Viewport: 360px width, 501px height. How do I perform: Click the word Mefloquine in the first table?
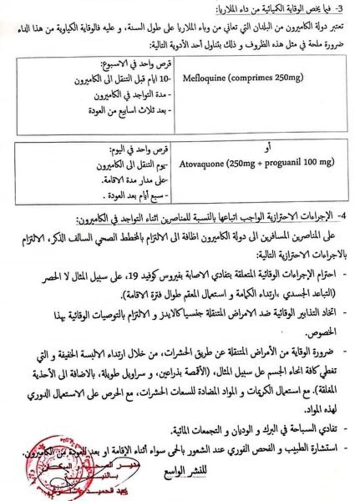click(x=202, y=78)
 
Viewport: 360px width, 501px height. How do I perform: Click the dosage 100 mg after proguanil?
click(x=322, y=162)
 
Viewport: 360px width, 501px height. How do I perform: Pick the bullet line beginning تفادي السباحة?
click(x=255, y=429)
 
